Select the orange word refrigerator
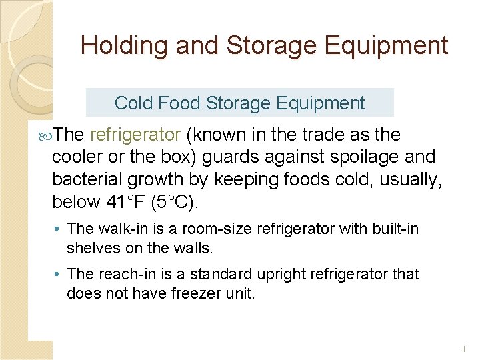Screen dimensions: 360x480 click(135, 135)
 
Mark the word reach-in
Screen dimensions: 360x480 click(123, 274)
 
